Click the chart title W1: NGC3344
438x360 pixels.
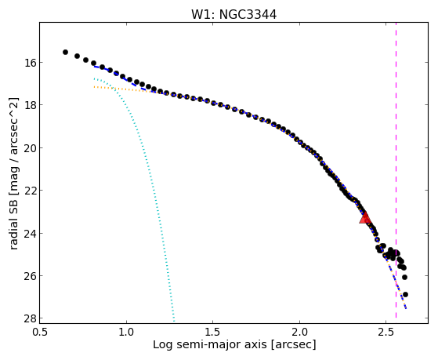click(x=233, y=14)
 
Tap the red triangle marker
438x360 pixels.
click(x=365, y=217)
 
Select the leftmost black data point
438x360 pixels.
click(x=65, y=52)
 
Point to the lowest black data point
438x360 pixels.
click(x=405, y=294)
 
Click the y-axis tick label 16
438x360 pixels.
click(x=29, y=63)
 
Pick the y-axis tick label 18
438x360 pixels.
click(x=29, y=105)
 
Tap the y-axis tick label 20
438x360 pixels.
click(x=29, y=147)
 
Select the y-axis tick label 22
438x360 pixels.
click(x=29, y=191)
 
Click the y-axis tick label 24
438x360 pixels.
click(x=29, y=233)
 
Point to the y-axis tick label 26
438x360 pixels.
click(x=29, y=276)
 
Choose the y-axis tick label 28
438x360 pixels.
click(x=29, y=318)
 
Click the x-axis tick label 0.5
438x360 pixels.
click(x=40, y=332)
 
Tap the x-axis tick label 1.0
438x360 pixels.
click(x=126, y=332)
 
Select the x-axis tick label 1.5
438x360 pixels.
click(x=212, y=332)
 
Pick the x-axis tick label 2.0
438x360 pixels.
click(x=299, y=332)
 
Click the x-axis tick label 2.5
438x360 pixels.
click(x=386, y=332)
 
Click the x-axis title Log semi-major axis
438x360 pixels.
click(x=210, y=344)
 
